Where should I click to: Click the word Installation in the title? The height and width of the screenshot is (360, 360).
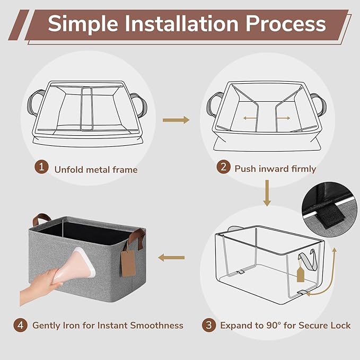click(x=182, y=24)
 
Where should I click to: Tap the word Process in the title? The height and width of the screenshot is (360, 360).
click(x=286, y=24)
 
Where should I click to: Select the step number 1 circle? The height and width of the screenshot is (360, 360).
click(x=41, y=167)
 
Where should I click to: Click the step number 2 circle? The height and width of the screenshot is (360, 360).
click(x=223, y=166)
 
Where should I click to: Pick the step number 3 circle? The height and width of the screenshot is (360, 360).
click(x=209, y=325)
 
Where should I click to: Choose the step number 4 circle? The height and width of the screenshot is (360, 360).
click(x=21, y=325)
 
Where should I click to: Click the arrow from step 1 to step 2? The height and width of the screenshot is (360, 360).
click(x=176, y=120)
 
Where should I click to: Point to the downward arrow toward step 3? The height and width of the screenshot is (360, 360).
click(x=267, y=193)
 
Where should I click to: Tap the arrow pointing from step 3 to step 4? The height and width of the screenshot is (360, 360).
click(x=171, y=258)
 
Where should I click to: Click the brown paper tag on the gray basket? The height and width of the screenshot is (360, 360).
click(x=128, y=264)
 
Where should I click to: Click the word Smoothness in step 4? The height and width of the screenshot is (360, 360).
click(x=157, y=326)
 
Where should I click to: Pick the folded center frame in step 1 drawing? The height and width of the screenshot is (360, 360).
click(x=87, y=109)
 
